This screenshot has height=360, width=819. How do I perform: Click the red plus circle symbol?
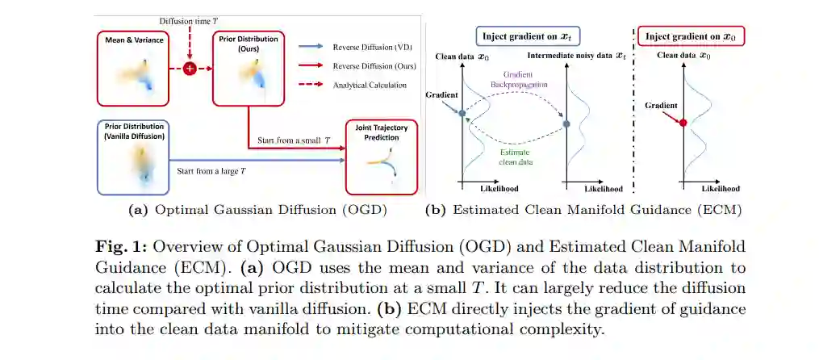(190, 69)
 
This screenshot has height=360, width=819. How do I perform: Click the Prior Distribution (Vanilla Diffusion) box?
(133, 157)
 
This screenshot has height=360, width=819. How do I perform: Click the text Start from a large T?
(212, 171)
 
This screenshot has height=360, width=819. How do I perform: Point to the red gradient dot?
(683, 123)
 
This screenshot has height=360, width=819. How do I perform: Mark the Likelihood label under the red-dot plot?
(720, 189)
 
